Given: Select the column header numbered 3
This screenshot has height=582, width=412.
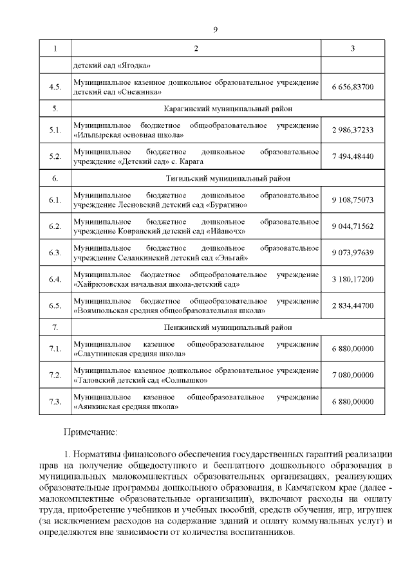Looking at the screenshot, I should pyautogui.click(x=353, y=50).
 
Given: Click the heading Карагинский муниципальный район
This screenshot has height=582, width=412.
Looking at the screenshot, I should pyautogui.click(x=196, y=108).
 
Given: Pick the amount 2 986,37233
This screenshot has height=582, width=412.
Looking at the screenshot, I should pyautogui.click(x=353, y=130).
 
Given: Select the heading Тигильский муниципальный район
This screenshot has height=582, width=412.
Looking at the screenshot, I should pyautogui.click(x=196, y=178).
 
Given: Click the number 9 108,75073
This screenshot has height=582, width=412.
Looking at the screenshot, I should pyautogui.click(x=353, y=200).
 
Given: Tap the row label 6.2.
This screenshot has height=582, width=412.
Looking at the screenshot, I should pyautogui.click(x=55, y=226).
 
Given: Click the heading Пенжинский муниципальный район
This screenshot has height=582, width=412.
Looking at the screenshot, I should pyautogui.click(x=196, y=327).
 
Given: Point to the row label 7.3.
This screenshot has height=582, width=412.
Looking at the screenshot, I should pyautogui.click(x=55, y=402).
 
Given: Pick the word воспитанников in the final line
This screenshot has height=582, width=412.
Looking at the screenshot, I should pyautogui.click(x=256, y=534).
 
